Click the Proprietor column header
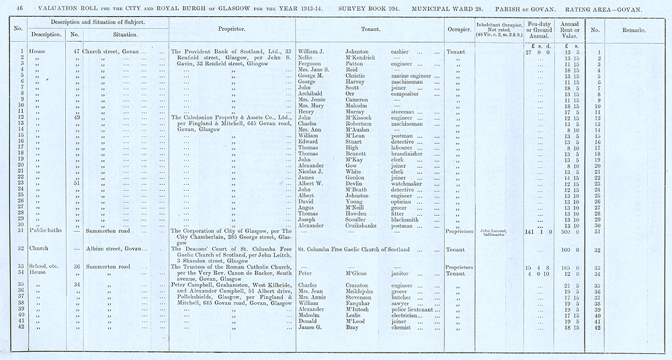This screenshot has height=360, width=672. point(232,30)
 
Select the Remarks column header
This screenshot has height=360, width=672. point(630,30)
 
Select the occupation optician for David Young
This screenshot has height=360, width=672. point(403,201)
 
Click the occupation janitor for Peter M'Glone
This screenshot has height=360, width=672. point(401,274)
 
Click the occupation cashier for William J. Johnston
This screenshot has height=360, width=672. point(401,52)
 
